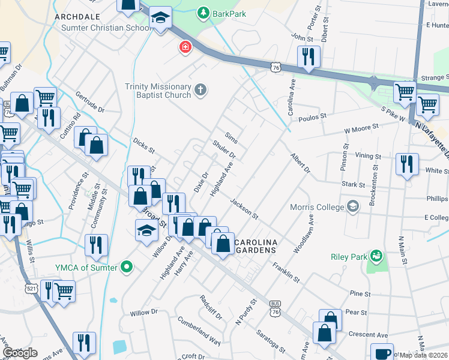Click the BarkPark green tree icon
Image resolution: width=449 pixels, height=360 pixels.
click(x=204, y=13)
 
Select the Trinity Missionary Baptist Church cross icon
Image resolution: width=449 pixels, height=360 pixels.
click(x=201, y=91)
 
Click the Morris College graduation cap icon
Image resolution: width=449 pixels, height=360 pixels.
click(x=353, y=207)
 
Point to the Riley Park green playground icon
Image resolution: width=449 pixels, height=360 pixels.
click(x=376, y=257)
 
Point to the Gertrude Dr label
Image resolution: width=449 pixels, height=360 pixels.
click(x=89, y=102)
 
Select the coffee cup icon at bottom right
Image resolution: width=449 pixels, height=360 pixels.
click(x=382, y=353)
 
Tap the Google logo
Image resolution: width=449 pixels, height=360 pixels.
click(x=20, y=353)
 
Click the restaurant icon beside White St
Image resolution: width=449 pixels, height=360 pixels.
click(x=407, y=163)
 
